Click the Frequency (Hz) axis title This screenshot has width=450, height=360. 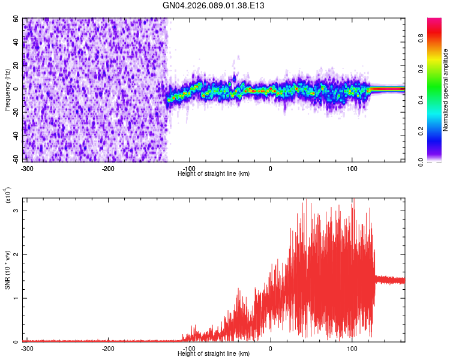(x=8, y=90)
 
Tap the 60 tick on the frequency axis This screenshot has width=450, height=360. (x=17, y=19)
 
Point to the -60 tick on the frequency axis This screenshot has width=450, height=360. (x=16, y=159)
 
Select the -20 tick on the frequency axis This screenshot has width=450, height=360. (x=16, y=112)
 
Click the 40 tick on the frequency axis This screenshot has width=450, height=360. (x=17, y=43)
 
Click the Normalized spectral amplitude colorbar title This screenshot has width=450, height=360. (x=446, y=90)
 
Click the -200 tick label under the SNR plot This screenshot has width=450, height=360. (x=108, y=349)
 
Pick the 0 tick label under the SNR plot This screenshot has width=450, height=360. (x=271, y=349)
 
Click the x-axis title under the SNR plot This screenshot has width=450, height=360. (x=214, y=354)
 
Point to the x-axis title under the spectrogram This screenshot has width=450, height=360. (x=214, y=173)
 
